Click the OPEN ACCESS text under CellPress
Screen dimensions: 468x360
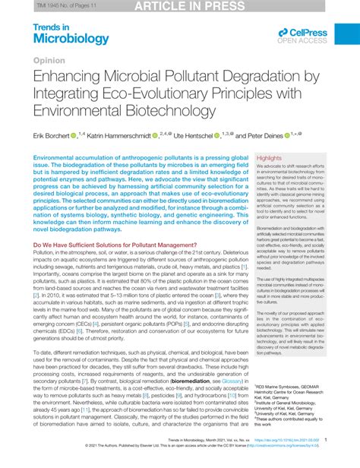coord(304,41)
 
